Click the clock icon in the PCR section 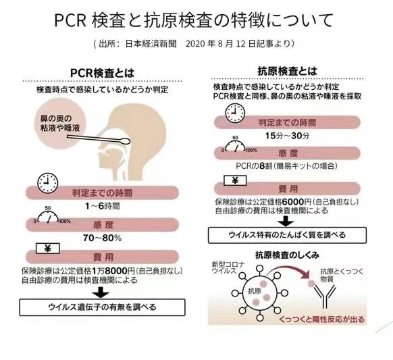48,183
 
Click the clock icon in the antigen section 235,113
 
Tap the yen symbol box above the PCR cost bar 48,249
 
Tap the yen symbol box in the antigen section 235,180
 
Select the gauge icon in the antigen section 236,146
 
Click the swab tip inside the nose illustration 126,141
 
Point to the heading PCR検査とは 102,73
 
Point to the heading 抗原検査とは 287,71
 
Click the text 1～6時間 102,206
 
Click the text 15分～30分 287,136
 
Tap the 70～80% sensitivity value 102,238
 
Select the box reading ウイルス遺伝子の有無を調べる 102,307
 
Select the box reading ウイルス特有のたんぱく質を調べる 287,235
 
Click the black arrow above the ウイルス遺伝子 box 101,292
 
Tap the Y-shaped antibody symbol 325,297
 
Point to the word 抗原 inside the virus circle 255,291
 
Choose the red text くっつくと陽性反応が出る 321,319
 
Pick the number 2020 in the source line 196,44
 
